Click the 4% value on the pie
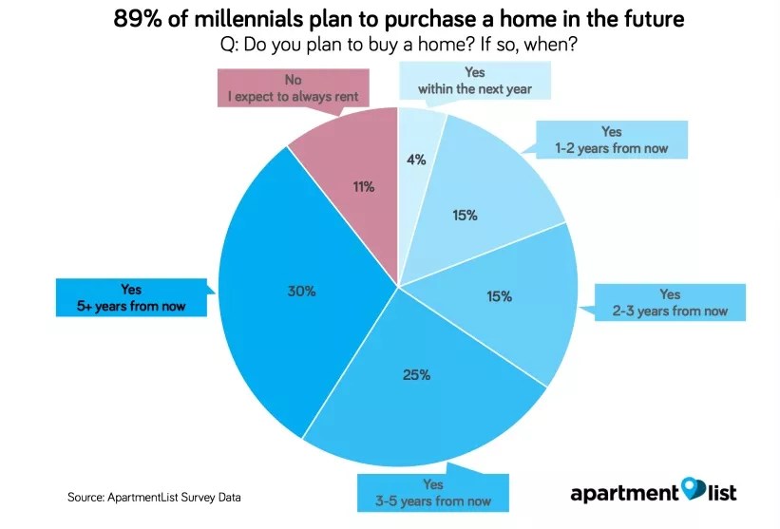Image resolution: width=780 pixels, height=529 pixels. click(415, 161)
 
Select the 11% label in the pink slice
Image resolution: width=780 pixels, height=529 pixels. click(362, 187)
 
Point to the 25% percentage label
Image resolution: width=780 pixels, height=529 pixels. click(416, 374)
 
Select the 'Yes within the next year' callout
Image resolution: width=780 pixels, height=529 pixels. click(474, 81)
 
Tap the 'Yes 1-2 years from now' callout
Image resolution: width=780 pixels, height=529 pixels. click(611, 141)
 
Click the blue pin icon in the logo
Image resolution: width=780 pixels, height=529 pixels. click(693, 489)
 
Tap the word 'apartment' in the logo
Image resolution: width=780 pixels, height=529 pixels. click(625, 493)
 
